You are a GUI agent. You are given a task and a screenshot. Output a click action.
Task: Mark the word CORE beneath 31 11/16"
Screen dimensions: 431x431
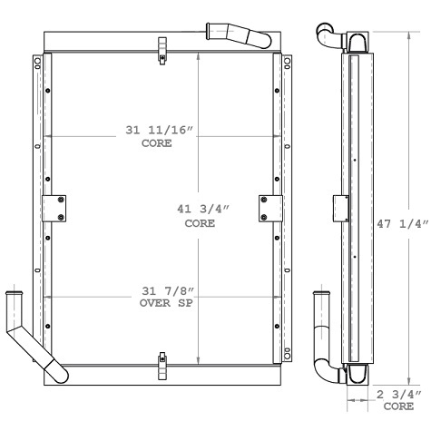[x=159, y=143]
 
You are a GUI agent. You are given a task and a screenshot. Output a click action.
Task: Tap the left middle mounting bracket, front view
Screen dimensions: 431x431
[x=55, y=208]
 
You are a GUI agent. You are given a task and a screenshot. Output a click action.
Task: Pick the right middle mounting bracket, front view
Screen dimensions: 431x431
[x=269, y=208]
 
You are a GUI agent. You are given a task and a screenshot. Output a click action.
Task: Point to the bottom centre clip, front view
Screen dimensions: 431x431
[x=162, y=366]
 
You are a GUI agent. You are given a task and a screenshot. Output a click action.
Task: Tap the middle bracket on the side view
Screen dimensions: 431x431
[x=341, y=207]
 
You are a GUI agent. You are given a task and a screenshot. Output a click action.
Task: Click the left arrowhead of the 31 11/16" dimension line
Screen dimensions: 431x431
[x=48, y=137]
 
